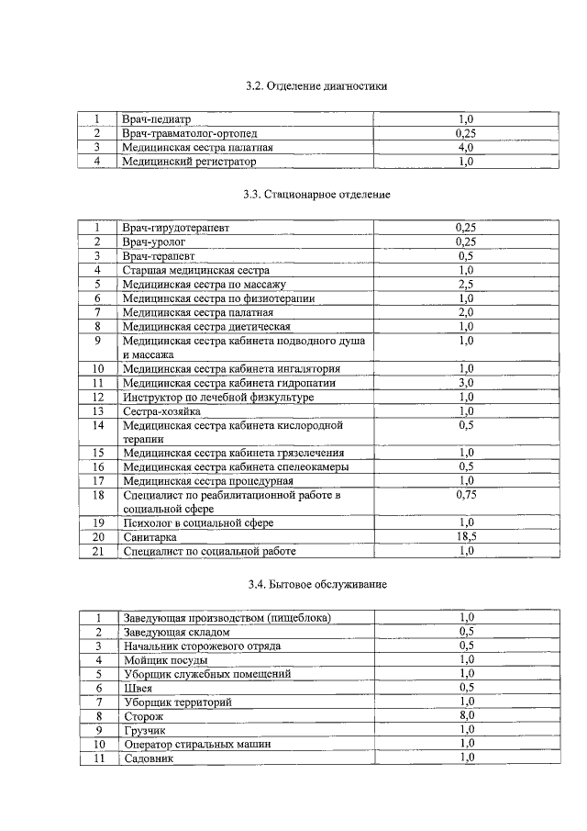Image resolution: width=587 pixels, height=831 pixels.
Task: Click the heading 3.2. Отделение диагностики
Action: point(316,86)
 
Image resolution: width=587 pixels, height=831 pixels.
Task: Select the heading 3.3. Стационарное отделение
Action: point(316,195)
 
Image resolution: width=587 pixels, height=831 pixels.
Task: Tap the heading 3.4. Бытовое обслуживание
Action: point(316,585)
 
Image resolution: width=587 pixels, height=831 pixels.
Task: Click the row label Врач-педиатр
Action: point(157,119)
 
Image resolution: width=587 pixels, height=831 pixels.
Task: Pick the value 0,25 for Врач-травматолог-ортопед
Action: point(466,133)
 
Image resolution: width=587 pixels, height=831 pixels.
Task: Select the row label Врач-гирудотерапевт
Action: point(176,227)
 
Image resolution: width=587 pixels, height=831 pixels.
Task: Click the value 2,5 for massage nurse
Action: point(466,285)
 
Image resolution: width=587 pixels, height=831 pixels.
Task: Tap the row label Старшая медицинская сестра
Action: point(196,271)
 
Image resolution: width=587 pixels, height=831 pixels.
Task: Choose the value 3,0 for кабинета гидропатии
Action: point(466,382)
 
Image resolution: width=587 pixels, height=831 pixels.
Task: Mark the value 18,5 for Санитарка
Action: point(466,536)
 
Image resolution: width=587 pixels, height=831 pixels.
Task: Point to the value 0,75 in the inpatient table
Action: point(466,495)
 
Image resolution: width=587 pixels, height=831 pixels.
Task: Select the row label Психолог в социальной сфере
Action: point(198,522)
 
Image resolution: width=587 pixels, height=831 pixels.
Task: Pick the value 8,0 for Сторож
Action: point(466,715)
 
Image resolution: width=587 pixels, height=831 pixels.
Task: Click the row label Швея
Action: point(138,688)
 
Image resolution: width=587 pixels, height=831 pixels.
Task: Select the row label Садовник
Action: point(148,758)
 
